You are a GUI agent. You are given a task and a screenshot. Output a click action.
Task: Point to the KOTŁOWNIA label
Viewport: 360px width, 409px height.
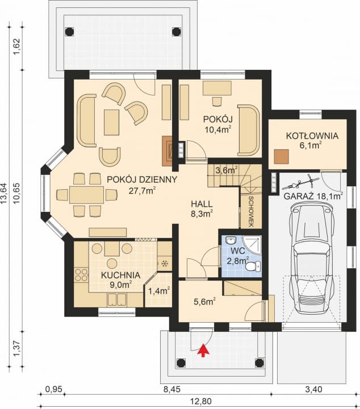coord(312,136)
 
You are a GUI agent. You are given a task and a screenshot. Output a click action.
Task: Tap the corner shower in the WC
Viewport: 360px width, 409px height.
coord(252,245)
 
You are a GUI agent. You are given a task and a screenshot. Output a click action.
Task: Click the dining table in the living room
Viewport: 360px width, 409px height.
coord(86,195)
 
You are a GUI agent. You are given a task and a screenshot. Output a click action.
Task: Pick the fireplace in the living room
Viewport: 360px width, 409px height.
coord(167,151)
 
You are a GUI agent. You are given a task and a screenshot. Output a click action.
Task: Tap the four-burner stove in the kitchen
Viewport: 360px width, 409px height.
coord(81,275)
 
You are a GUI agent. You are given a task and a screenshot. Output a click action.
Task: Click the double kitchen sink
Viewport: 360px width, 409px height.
coord(116,300)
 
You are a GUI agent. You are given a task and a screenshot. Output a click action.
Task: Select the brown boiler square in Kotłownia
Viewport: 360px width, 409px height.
coord(282,157)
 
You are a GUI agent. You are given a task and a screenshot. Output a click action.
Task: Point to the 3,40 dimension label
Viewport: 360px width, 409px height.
coord(313,390)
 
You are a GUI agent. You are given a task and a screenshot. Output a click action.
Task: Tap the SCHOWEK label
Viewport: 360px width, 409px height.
coord(251,211)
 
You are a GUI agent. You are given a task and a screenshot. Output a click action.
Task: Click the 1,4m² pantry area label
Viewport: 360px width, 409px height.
coord(159,291)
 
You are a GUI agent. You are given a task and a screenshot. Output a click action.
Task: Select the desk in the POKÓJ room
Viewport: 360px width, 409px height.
coord(217,88)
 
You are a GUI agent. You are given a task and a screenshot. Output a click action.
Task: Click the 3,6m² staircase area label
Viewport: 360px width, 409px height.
coord(226,170)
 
